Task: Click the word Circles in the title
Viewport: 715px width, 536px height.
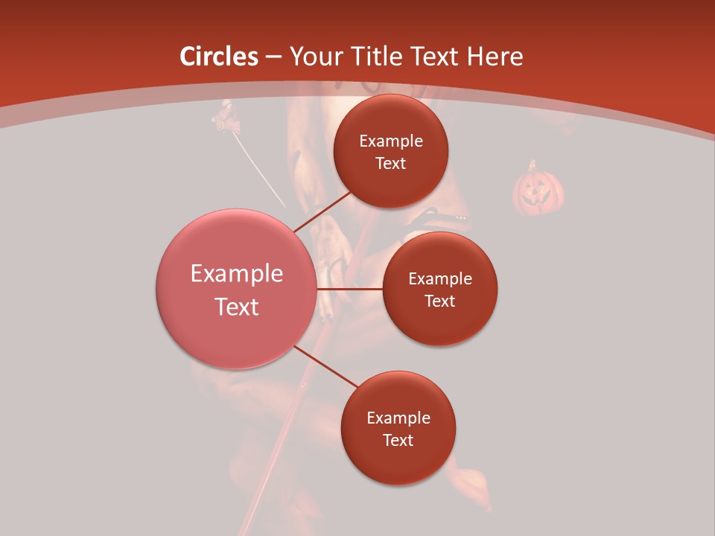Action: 219,57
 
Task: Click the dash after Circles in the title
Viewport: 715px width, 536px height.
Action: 273,57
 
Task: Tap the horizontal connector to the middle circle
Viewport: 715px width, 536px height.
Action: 350,289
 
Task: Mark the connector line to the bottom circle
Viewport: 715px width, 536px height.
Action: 325,366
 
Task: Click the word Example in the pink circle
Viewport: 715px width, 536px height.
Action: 237,274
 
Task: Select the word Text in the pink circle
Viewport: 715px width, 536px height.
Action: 237,307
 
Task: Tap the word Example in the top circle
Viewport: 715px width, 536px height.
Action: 391,141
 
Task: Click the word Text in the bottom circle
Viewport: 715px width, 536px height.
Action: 398,440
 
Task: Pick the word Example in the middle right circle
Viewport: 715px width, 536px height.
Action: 440,278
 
